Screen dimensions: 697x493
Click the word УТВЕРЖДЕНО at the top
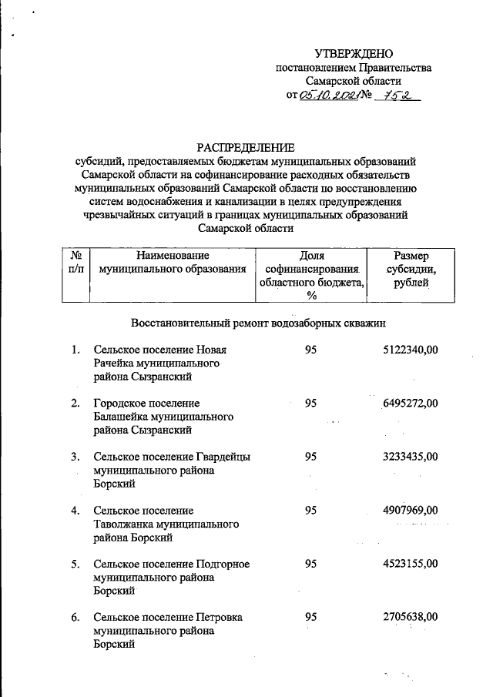pyautogui.click(x=354, y=53)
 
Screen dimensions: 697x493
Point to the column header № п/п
pyautogui.click(x=75, y=262)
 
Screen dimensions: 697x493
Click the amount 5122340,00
pyautogui.click(x=410, y=350)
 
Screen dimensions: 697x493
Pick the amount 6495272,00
pyautogui.click(x=410, y=403)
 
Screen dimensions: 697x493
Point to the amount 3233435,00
pyautogui.click(x=410, y=457)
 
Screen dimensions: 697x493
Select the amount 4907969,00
pyautogui.click(x=410, y=510)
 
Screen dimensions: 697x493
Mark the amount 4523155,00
pyautogui.click(x=410, y=564)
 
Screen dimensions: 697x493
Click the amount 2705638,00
pyautogui.click(x=410, y=617)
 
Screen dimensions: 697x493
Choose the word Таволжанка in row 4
pyautogui.click(x=122, y=524)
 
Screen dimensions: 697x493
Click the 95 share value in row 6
pyautogui.click(x=310, y=617)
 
